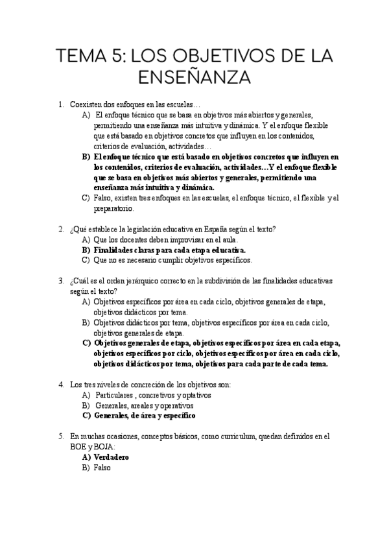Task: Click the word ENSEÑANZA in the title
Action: pos(194,78)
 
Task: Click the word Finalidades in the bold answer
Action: pos(115,250)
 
